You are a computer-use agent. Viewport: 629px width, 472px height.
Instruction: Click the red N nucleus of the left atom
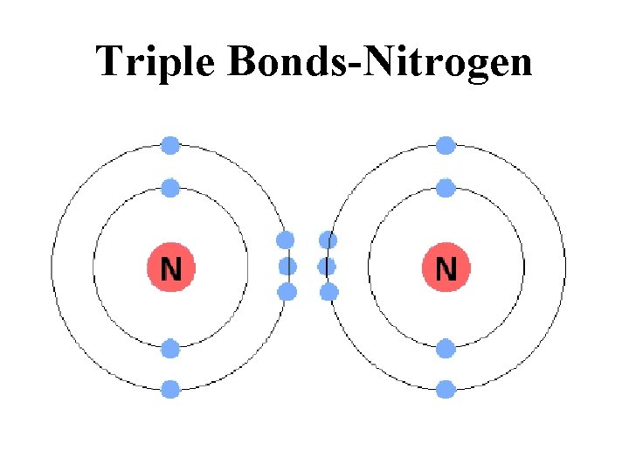pyautogui.click(x=170, y=267)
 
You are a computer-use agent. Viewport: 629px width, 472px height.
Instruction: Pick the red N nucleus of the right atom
pyautogui.click(x=446, y=267)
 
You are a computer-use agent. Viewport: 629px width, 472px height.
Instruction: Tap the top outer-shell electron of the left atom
pyautogui.click(x=170, y=145)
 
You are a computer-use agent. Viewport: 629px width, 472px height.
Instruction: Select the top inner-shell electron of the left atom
pyautogui.click(x=170, y=187)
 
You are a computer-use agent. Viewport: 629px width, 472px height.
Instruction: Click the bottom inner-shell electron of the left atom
pyautogui.click(x=170, y=350)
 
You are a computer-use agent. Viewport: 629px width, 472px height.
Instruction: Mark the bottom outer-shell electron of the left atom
pyautogui.click(x=170, y=389)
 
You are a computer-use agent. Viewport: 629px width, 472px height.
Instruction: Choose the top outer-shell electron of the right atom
pyautogui.click(x=446, y=145)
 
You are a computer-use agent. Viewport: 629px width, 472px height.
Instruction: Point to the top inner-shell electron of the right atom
pyautogui.click(x=446, y=187)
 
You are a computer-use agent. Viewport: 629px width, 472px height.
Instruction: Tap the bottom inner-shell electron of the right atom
pyautogui.click(x=446, y=350)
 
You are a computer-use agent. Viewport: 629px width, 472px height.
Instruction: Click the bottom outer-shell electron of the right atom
pyautogui.click(x=446, y=389)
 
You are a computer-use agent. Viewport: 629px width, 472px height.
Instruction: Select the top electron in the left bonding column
pyautogui.click(x=286, y=239)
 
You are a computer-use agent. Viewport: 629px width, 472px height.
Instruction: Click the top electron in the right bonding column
pyautogui.click(x=328, y=239)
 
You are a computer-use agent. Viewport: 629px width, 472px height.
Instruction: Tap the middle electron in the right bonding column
pyautogui.click(x=328, y=266)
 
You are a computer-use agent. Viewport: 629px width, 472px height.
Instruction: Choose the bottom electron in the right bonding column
pyautogui.click(x=328, y=292)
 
